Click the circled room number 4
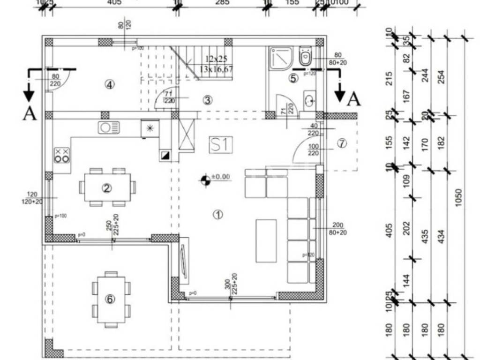click(x=109, y=85)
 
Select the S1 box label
click(x=221, y=145)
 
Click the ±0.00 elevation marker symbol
click(x=205, y=180)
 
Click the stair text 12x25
click(x=216, y=59)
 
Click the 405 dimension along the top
click(x=114, y=2)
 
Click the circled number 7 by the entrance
click(x=342, y=143)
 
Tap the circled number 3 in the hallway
click(x=207, y=99)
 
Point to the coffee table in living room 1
click(x=266, y=240)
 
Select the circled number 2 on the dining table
click(x=106, y=188)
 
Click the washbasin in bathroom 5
click(x=309, y=100)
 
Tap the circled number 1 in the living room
click(x=217, y=215)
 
